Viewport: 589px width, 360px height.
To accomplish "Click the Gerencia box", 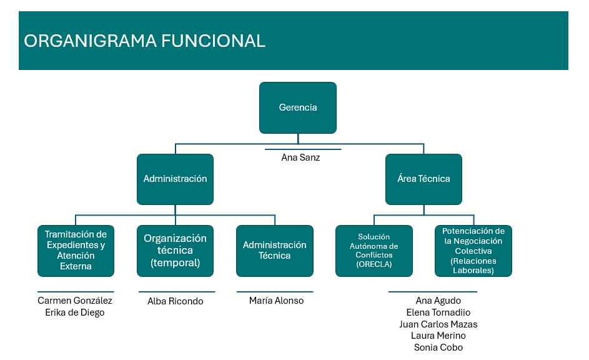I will tap(298, 107).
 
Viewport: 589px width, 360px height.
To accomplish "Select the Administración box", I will tap(175, 179).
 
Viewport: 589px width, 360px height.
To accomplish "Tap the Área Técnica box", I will tap(423, 179).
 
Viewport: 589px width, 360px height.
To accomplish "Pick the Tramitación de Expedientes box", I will tap(76, 251).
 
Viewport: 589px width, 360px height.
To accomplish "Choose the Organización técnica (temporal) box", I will tap(175, 251).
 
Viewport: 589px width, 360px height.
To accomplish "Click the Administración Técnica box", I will tap(275, 251).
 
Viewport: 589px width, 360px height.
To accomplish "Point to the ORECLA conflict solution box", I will tap(374, 251).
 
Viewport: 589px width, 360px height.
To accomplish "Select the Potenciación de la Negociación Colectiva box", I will tap(473, 251).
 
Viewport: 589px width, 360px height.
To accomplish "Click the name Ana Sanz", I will tap(300, 158).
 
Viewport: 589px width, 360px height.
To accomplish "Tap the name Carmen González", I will tap(75, 301).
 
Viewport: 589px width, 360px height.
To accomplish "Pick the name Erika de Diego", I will tap(75, 312).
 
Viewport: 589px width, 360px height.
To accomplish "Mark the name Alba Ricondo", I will tap(176, 301).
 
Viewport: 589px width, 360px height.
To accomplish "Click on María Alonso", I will tap(276, 301).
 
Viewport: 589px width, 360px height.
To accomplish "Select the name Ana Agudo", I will tap(438, 301).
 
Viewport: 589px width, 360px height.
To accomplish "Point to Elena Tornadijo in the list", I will tap(438, 312).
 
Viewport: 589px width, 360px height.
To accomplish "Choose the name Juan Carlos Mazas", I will tap(438, 324).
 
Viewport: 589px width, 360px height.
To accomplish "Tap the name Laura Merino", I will tap(438, 336).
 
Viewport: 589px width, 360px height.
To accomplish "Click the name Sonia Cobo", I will tap(438, 347).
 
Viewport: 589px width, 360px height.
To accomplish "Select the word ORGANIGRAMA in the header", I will tap(90, 41).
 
